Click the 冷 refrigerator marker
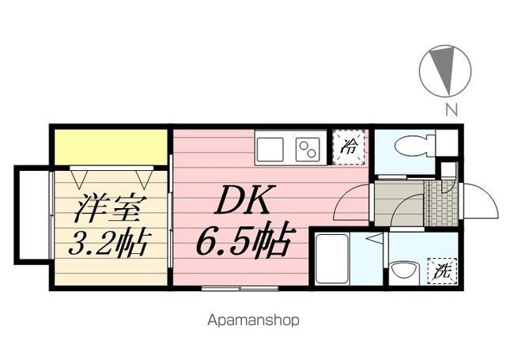tap(349, 147)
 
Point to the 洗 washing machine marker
tap(442, 271)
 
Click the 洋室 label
tap(108, 208)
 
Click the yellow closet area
tap(111, 147)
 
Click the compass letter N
tap(451, 110)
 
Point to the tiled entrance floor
tap(441, 203)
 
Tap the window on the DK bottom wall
tap(240, 288)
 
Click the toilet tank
tap(447, 142)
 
